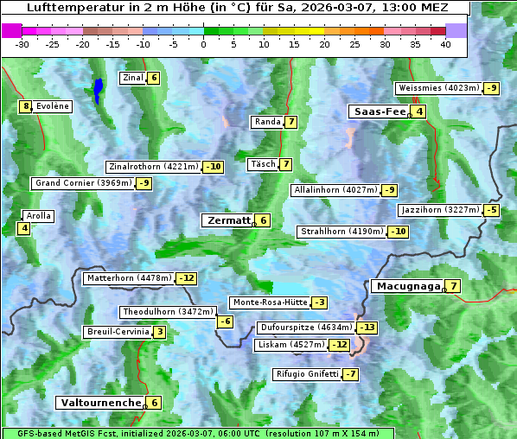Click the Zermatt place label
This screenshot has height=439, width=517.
pos(227,220)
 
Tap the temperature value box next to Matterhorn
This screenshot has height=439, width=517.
pos(186,278)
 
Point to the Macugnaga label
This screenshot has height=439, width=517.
pos(405,286)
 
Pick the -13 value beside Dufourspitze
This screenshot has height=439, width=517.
pos(368,328)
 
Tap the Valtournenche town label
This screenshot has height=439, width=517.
pos(99,403)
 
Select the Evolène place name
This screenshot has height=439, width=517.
pos(53,106)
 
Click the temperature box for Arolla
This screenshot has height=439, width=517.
pos(23,228)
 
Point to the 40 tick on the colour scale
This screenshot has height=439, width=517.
pos(445,44)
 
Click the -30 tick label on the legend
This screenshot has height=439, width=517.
pos(22,44)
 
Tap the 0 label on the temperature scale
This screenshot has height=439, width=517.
pos(204,44)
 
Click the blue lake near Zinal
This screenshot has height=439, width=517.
pos(99,89)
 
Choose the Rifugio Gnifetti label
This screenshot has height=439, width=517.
pos(306,374)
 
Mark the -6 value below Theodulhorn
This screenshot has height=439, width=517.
pos(225,321)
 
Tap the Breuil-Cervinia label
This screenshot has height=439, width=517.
pos(117,332)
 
